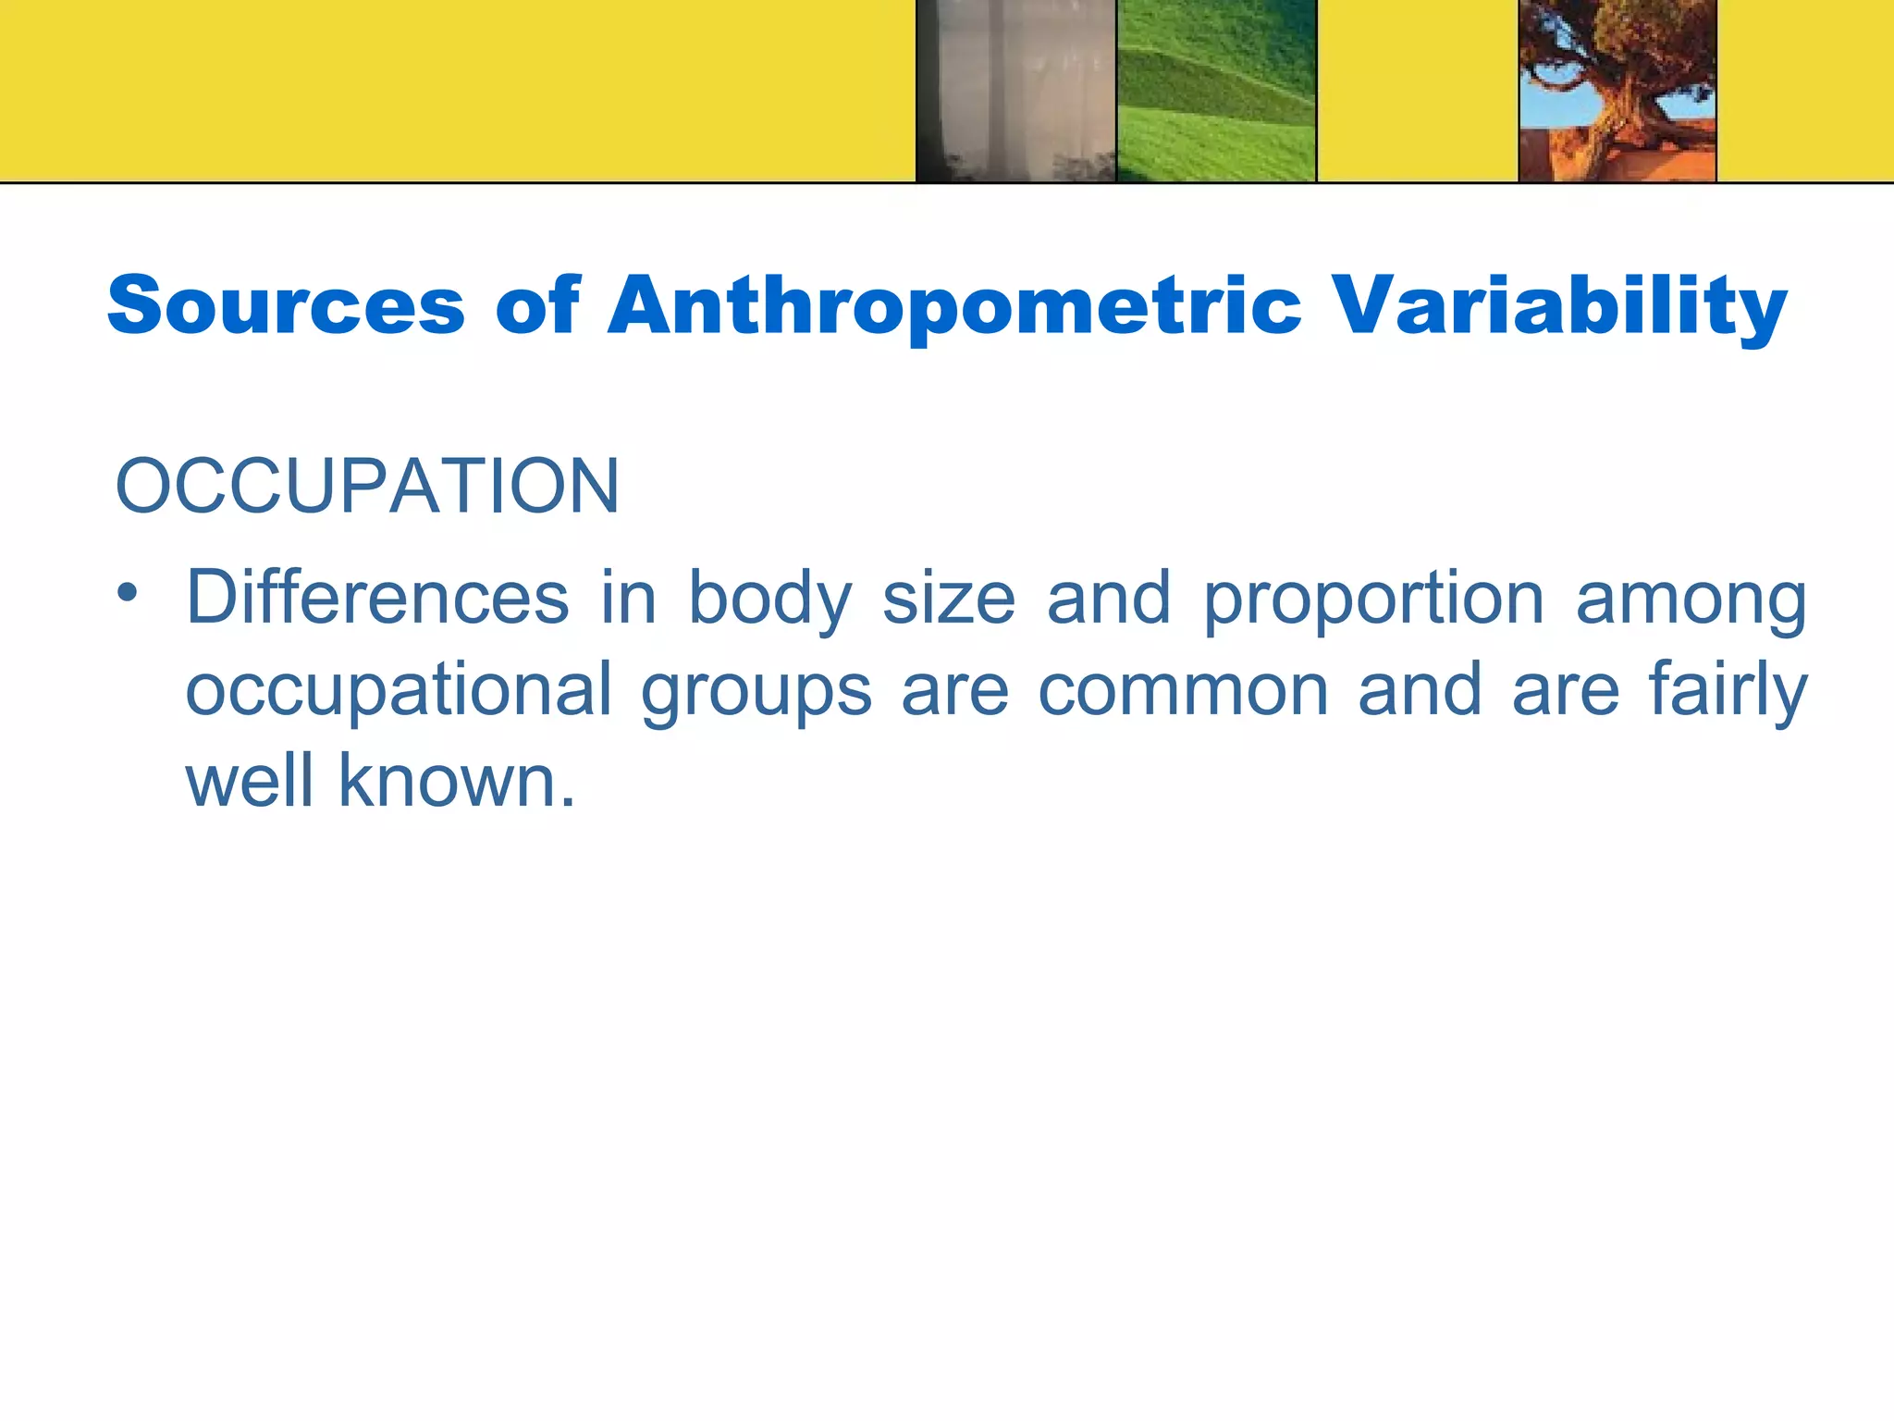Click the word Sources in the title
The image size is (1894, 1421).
(286, 305)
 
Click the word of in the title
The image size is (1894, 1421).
(537, 305)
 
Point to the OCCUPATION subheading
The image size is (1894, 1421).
(367, 486)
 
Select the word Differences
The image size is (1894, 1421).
(377, 598)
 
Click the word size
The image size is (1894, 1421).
(949, 599)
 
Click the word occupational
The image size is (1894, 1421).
(399, 691)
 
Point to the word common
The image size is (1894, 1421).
(1183, 690)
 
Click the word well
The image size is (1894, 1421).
(250, 781)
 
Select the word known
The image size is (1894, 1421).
(456, 781)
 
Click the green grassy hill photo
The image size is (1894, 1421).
(1216, 91)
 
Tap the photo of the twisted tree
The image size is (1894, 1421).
(1617, 91)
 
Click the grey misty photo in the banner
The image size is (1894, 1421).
(1016, 91)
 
